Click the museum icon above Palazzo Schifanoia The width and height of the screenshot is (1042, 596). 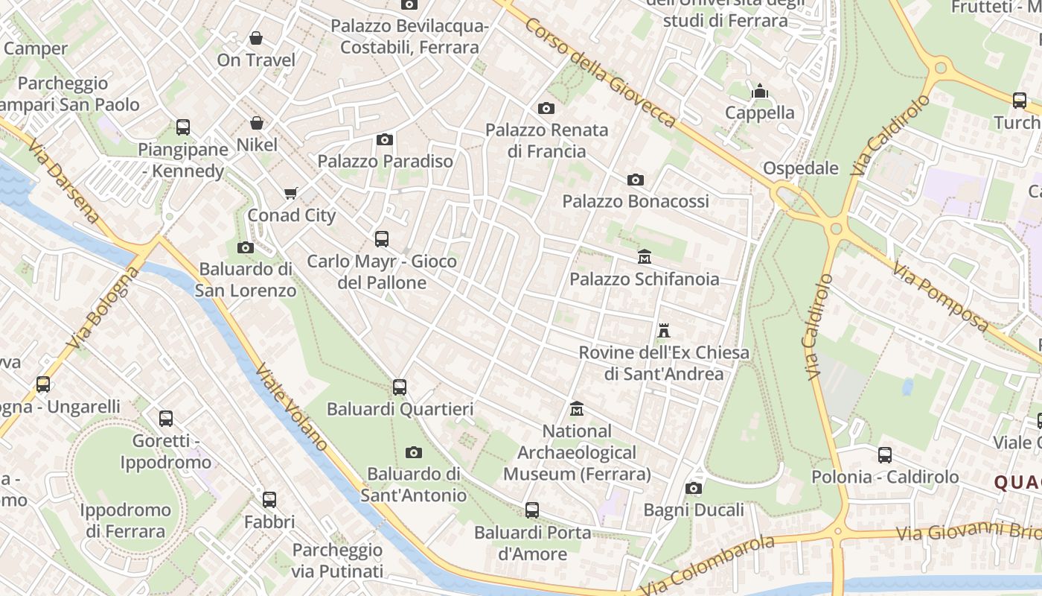645,257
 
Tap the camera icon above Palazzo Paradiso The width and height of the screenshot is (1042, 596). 385,139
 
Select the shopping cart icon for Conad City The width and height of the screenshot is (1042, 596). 291,194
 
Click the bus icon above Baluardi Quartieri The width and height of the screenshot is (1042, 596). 400,387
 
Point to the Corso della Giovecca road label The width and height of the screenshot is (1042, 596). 600,73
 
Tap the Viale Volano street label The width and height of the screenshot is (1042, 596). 292,407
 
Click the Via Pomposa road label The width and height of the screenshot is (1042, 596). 941,298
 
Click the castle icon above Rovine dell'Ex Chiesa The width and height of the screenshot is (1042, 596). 664,330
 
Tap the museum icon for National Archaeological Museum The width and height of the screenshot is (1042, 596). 577,409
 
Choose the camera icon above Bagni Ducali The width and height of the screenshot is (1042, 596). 694,488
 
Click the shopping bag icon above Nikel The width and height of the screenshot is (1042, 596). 257,123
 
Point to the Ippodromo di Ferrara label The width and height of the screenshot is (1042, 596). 125,521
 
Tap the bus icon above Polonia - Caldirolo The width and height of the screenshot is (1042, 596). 885,454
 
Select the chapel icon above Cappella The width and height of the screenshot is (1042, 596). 760,91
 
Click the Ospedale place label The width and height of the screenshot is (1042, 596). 801,168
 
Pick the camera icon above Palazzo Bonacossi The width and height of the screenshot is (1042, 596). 636,180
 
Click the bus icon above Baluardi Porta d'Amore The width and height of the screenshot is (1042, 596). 532,510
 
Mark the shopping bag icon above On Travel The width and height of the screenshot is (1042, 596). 256,38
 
